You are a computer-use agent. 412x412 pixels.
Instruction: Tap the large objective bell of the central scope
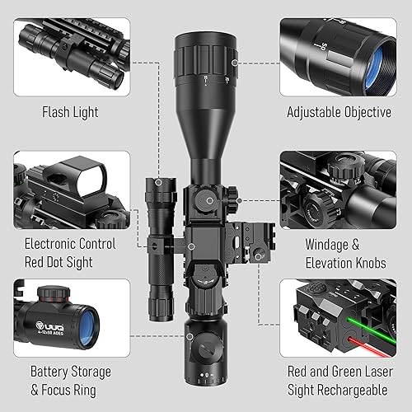point(204,66)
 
